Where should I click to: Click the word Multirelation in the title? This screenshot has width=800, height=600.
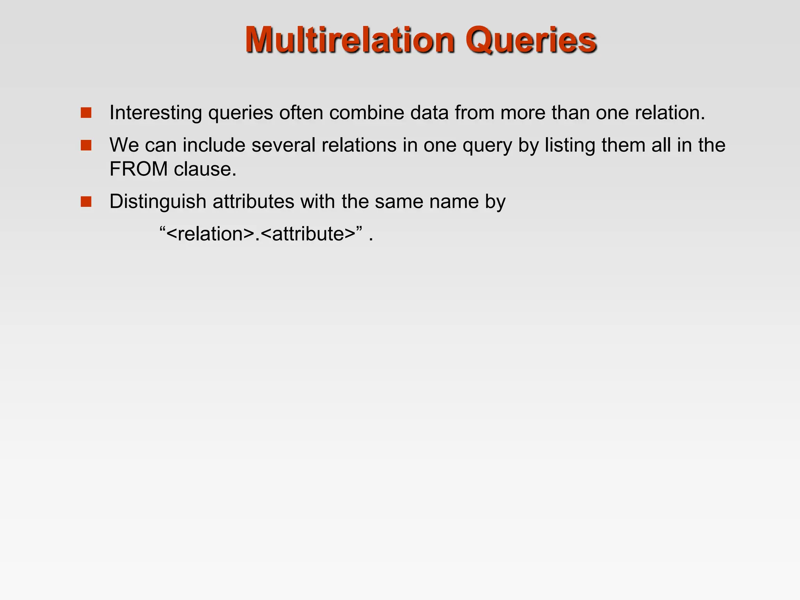(350, 40)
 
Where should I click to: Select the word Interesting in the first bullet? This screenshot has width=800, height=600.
(155, 113)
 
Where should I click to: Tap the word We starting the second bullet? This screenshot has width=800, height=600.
(124, 145)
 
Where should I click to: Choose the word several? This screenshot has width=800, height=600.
(283, 145)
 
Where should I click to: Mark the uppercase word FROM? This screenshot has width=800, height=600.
(138, 169)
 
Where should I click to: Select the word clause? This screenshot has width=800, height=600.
(205, 169)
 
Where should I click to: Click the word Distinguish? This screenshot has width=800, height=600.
(158, 202)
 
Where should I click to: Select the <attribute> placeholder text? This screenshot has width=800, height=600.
(307, 234)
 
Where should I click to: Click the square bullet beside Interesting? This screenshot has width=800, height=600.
(86, 113)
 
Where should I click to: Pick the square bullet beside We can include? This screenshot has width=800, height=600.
(86, 145)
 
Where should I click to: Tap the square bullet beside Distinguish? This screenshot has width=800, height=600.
(86, 202)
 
